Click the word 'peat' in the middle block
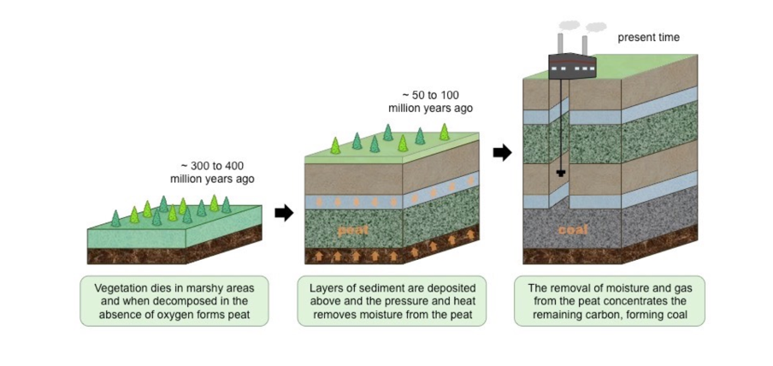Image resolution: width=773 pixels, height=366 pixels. click(x=351, y=230)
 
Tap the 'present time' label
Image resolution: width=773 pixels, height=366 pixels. click(x=649, y=38)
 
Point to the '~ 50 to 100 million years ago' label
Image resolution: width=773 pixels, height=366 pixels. click(x=430, y=101)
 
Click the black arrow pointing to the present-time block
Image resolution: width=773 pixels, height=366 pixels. click(x=503, y=153)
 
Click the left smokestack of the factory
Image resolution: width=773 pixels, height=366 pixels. click(x=561, y=44)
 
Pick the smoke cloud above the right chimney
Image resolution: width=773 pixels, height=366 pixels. click(x=595, y=27)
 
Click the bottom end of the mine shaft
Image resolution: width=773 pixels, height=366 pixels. click(x=561, y=173)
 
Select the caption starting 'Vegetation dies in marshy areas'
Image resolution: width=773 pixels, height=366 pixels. click(x=174, y=300)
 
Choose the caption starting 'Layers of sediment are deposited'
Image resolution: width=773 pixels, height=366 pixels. click(x=392, y=300)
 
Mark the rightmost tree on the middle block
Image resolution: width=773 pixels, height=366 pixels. click(x=444, y=132)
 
